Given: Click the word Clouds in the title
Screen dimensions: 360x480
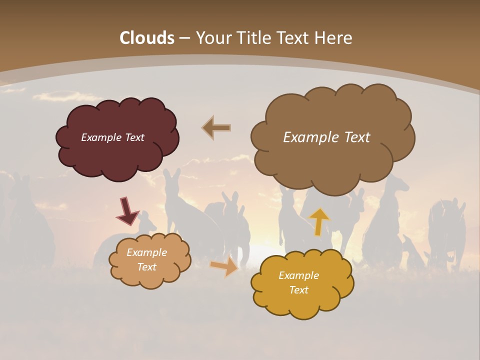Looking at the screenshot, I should click(x=147, y=38).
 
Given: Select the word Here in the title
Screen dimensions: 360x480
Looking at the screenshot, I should click(x=334, y=38).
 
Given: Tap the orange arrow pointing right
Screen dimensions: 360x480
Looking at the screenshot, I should click(x=224, y=267).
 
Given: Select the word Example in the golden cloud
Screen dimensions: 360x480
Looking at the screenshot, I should click(x=298, y=275).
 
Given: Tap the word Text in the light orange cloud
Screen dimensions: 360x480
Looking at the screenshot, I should click(x=147, y=267).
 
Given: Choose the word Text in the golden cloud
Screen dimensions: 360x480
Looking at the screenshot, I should click(x=298, y=290).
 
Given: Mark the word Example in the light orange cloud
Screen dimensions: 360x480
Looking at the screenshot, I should click(x=147, y=252).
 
